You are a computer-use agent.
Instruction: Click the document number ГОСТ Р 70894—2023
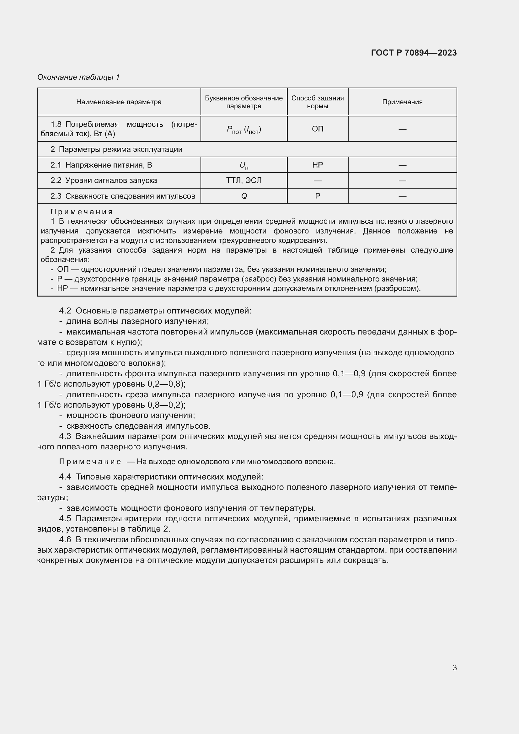pos(414,53)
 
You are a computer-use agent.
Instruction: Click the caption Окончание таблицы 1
pos(78,77)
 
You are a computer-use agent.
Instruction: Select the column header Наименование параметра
pos(119,102)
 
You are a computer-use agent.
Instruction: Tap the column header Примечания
pos(402,102)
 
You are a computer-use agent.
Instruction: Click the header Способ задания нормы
pos(317,102)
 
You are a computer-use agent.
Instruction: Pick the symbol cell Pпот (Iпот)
pos(243,130)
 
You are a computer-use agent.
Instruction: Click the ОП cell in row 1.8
pos(317,129)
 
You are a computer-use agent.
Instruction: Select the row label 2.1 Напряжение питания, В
pos(101,165)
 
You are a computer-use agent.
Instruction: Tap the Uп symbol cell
pos(243,165)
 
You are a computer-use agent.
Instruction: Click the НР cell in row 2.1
pos(317,165)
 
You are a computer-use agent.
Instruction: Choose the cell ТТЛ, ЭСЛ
pos(243,180)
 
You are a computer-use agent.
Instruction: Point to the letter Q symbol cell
pos(243,196)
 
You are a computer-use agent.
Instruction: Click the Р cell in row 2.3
pos(317,196)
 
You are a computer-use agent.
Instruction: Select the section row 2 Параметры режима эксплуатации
pos(116,149)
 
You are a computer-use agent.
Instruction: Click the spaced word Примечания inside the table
pos(82,212)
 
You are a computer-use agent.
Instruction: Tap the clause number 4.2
pos(65,311)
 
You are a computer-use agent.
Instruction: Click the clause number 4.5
pos(65,518)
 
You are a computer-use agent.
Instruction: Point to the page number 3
pos(454,667)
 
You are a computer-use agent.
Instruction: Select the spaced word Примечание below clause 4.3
pos(90,462)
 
